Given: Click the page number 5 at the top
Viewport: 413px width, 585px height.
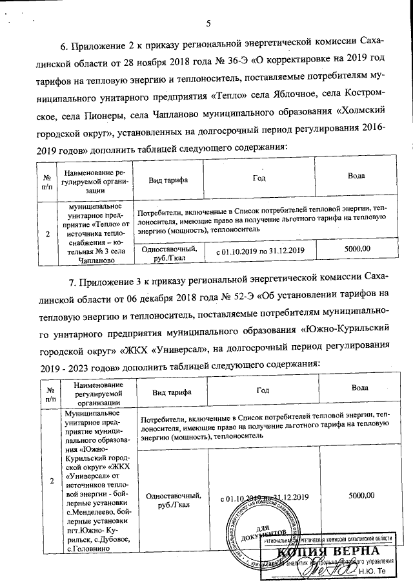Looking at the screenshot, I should coord(208,25).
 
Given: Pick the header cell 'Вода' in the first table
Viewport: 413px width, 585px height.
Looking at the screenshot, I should coord(356,176).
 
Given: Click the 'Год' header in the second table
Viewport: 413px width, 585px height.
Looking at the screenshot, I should coord(263,390).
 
